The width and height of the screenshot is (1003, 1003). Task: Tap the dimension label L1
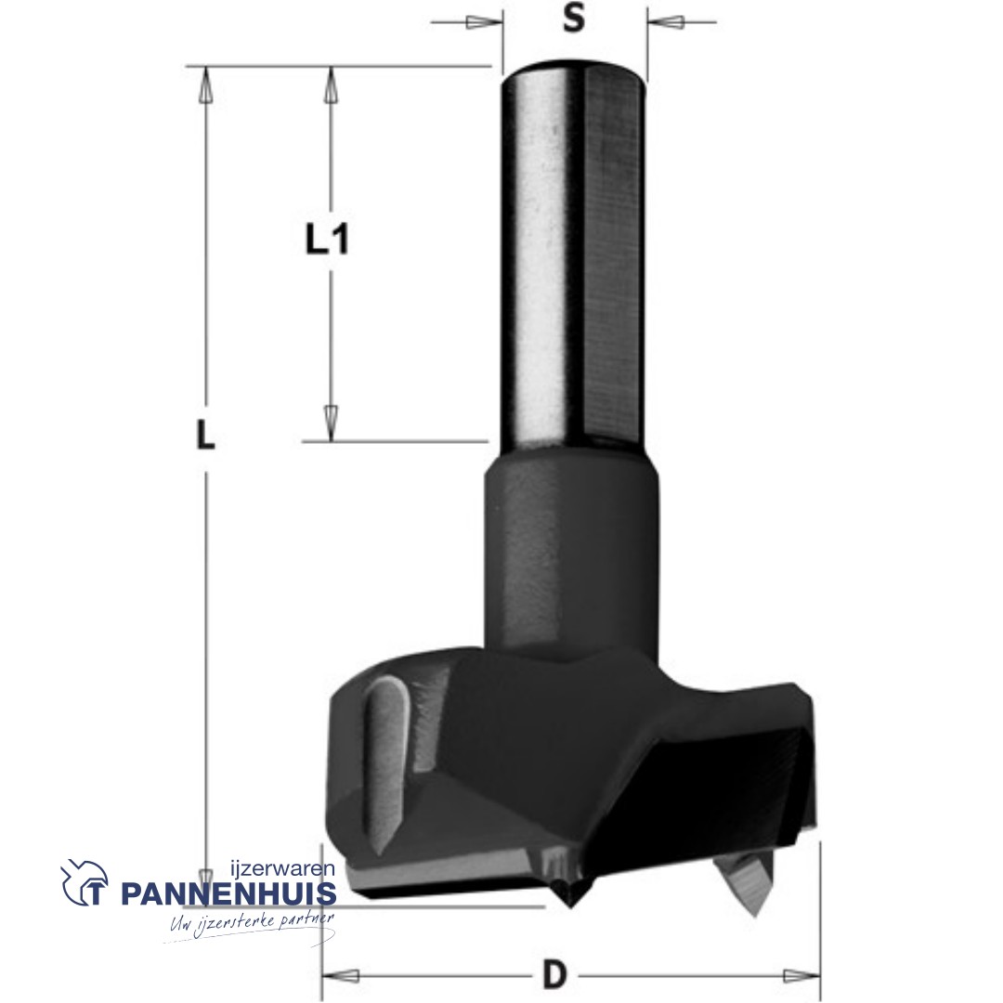tap(327, 240)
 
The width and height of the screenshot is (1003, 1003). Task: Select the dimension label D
tap(554, 973)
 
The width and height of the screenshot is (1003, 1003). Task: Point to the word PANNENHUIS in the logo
tap(228, 893)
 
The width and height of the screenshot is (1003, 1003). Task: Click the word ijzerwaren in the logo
tap(282, 869)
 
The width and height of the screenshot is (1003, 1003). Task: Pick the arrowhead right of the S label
tap(666, 22)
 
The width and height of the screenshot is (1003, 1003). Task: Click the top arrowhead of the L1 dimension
tap(330, 85)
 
